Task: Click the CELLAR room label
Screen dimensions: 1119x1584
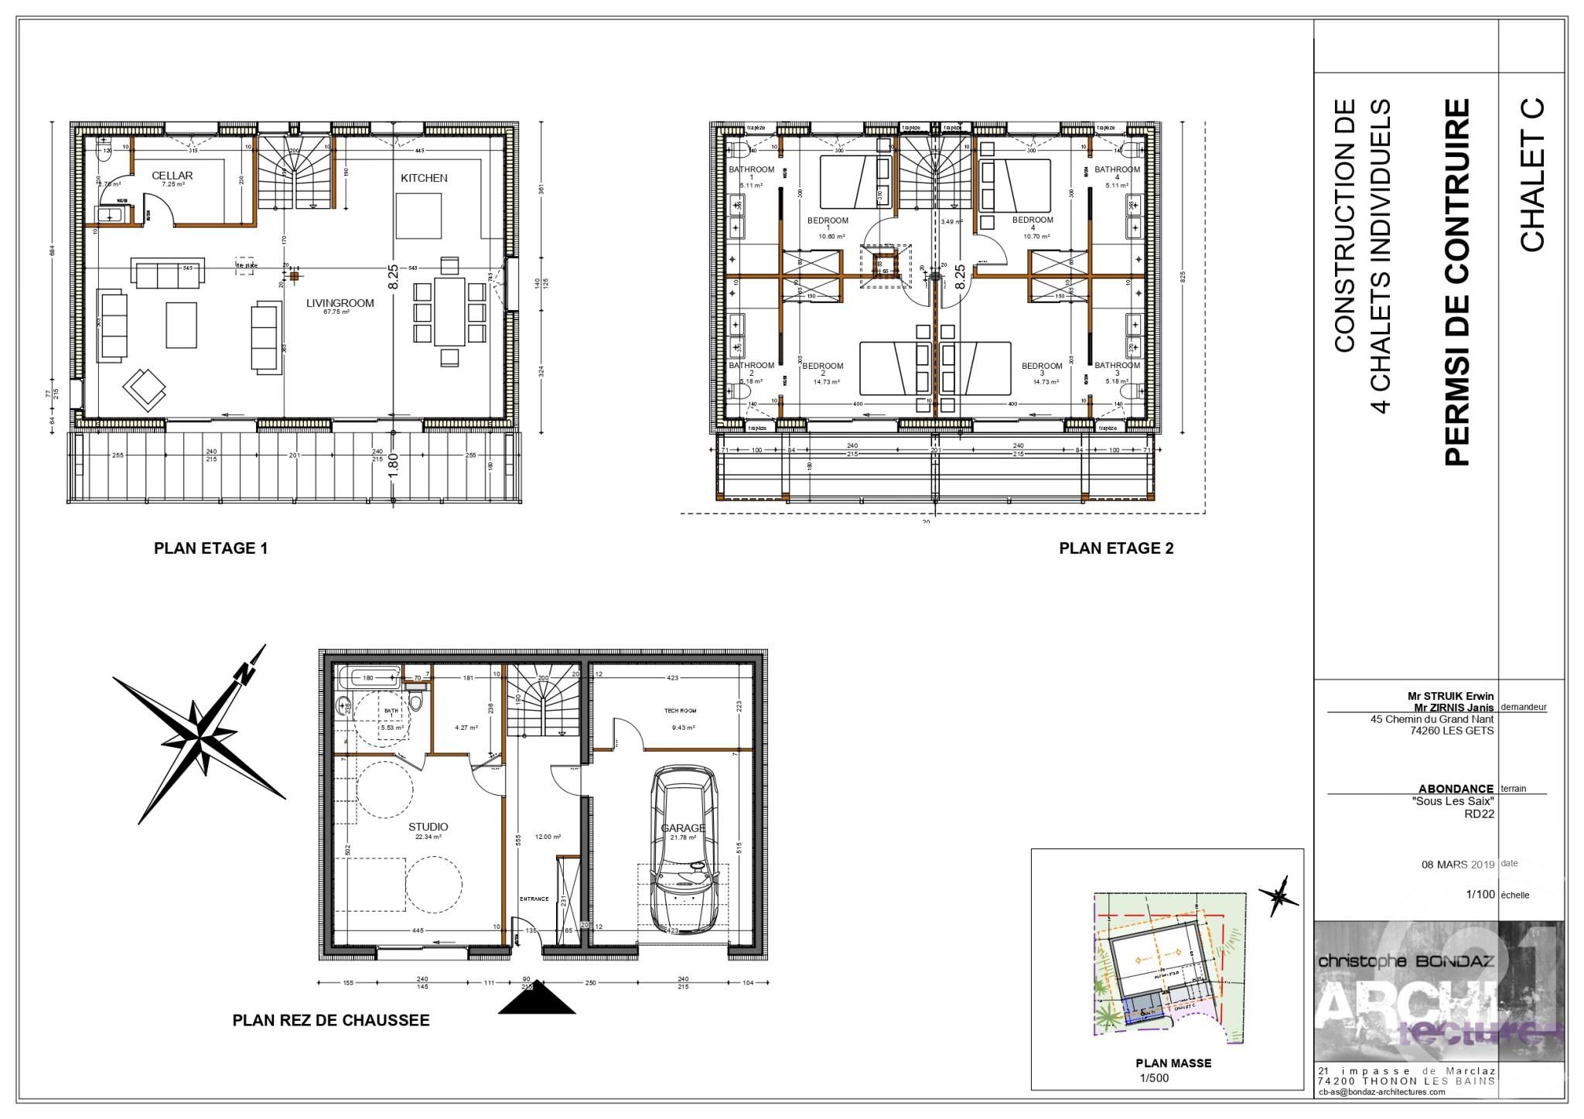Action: tap(172, 176)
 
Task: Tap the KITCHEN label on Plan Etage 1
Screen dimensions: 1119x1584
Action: tap(424, 178)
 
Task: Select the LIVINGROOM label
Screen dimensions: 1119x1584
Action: tap(340, 303)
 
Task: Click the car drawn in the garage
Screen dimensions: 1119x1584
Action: tap(683, 851)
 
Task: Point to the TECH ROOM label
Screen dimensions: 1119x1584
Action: tap(681, 710)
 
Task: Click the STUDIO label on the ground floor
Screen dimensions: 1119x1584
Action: tap(428, 827)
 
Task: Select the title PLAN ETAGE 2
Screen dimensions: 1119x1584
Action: tap(1116, 548)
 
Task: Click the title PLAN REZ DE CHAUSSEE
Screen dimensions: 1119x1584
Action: tap(330, 1020)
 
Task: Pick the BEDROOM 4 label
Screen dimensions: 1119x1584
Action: tap(1033, 223)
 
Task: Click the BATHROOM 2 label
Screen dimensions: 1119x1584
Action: tap(751, 369)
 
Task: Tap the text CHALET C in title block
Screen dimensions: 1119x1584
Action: tap(1532, 175)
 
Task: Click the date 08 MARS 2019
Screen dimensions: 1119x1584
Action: tap(1457, 865)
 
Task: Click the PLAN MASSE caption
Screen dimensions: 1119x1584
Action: tap(1173, 1063)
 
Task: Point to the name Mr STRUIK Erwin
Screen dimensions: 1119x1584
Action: tap(1450, 696)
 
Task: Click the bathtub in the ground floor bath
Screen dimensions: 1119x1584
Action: tap(368, 677)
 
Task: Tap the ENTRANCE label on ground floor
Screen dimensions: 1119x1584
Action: tap(534, 899)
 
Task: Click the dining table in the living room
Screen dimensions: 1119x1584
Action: tap(449, 312)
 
